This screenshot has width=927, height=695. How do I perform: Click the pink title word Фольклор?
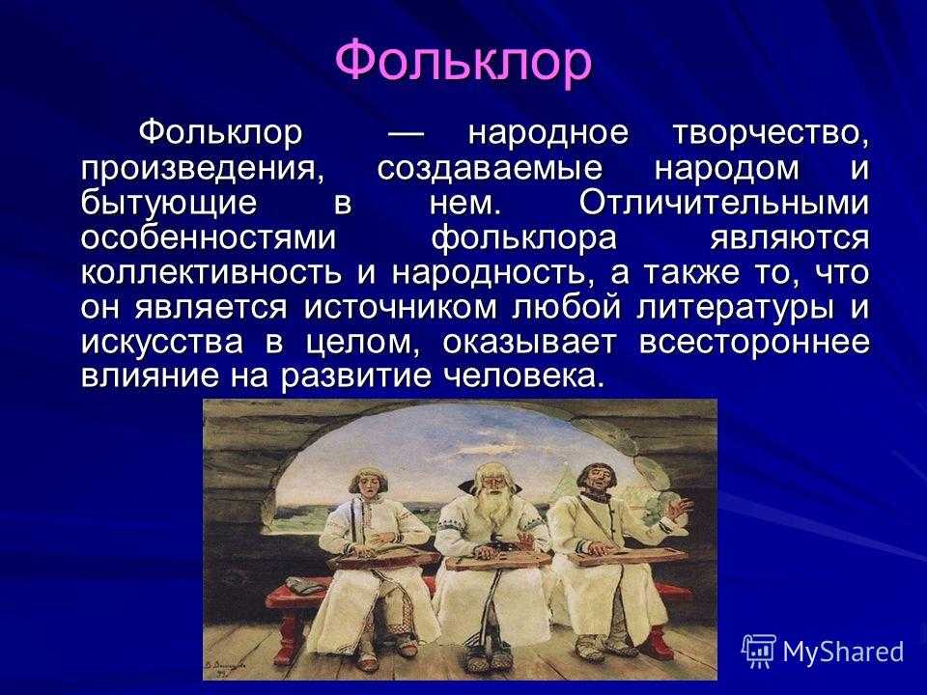pos(463,61)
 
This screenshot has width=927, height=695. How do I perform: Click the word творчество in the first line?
pos(771,133)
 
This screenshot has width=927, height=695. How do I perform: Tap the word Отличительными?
pos(724,203)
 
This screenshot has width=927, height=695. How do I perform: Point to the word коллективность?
pos(211,272)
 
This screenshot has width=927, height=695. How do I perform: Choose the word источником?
pos(400,307)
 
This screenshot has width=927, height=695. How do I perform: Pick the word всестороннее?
pos(754,342)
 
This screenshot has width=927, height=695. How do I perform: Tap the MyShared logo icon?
pos(759,651)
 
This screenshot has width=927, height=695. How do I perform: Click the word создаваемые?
pos(491,169)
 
